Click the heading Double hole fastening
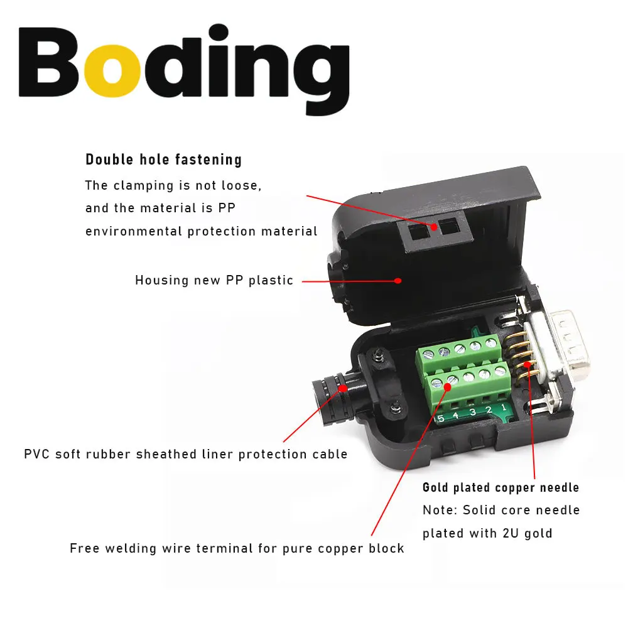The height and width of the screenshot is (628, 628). click(x=163, y=160)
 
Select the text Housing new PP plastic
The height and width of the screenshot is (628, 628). click(x=214, y=280)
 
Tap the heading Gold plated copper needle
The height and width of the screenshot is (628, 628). click(x=501, y=487)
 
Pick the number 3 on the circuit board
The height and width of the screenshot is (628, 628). click(x=472, y=414)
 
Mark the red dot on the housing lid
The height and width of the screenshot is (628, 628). click(x=398, y=281)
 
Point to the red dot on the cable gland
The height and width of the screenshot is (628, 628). click(x=344, y=388)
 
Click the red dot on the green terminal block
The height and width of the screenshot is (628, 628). click(x=447, y=387)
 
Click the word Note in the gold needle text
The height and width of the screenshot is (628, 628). click(x=438, y=510)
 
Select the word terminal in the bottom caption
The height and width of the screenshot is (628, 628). click(x=240, y=548)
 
